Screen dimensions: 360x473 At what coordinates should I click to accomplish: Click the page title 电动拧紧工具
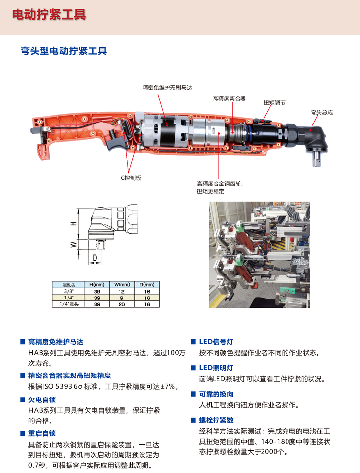pos(49,15)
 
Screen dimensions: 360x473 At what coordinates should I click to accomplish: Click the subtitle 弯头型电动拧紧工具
pos(64,50)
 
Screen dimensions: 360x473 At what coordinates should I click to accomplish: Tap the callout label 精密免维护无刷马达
pos(167,88)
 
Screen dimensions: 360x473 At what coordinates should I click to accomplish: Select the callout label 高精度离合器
pos(229,99)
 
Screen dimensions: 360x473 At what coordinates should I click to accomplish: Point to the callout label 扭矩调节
pos(274,103)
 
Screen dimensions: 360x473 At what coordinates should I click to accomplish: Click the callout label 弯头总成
pos(322,113)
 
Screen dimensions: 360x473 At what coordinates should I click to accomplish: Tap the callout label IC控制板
pos(130,178)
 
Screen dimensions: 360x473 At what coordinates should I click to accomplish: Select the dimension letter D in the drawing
pos(95,258)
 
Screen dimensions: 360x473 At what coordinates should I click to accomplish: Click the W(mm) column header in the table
pos(122,284)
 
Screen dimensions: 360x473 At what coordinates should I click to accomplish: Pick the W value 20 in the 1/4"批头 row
pos(122,304)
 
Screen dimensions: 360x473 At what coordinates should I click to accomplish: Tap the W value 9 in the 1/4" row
pos(122,298)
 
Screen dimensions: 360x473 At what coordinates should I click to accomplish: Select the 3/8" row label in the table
pos(69,291)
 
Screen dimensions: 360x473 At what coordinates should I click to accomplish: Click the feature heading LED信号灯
pos(216,342)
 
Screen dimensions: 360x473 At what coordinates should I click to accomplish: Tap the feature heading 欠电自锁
pos(42,399)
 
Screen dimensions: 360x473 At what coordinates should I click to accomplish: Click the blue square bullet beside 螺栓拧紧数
pos(193,420)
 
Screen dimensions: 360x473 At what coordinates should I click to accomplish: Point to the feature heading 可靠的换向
pos(216,394)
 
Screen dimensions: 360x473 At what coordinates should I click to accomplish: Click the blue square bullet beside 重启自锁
pos(23,433)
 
